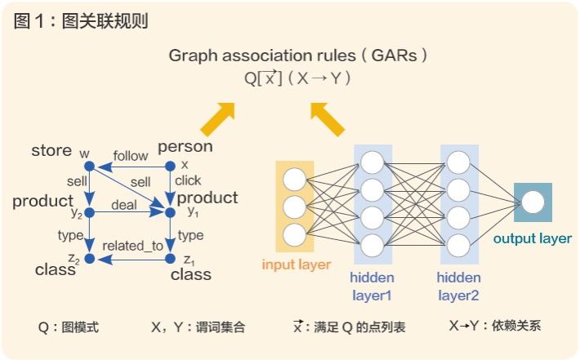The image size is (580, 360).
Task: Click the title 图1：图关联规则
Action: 81,21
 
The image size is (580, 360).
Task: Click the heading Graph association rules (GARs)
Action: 298,56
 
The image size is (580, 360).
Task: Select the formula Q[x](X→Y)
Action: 298,78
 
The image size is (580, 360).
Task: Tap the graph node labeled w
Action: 91,167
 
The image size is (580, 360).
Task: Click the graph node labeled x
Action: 170,167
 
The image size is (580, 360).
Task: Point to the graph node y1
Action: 170,212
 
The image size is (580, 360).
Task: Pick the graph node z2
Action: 91,259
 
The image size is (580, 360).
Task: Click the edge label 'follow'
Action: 131,156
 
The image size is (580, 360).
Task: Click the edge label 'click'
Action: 188,180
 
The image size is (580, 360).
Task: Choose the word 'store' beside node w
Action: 51,151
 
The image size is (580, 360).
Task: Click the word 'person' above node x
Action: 185,147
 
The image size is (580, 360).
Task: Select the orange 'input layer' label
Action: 297,264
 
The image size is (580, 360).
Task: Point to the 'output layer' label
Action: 533,238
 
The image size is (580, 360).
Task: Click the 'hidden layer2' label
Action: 458,286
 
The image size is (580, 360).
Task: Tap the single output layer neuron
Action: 533,202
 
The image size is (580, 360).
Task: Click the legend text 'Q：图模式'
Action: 69,327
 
